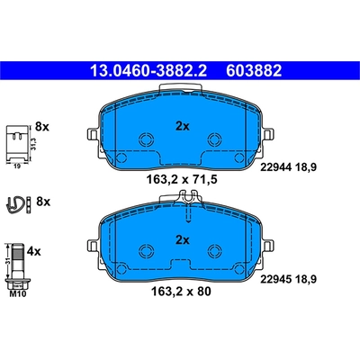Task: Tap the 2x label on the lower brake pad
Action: point(183,239)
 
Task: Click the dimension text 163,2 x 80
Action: point(180,292)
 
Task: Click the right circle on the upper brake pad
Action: point(215,140)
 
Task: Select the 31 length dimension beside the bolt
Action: point(8,262)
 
